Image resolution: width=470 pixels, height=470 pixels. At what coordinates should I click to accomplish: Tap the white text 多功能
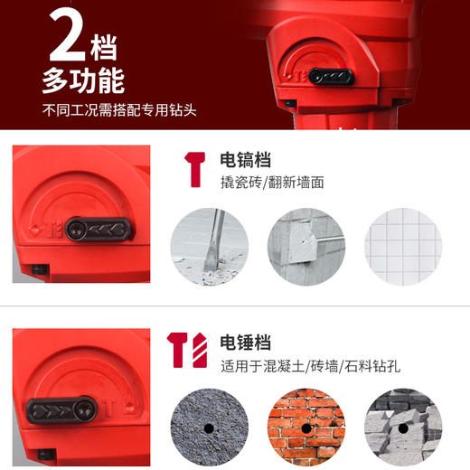(82, 82)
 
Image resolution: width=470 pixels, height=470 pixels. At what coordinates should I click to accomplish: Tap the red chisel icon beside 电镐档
(193, 169)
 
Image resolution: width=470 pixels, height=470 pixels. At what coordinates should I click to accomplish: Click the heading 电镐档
(246, 160)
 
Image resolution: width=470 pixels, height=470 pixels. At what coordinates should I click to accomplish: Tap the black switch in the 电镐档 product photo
(99, 230)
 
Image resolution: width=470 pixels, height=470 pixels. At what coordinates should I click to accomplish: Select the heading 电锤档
(246, 343)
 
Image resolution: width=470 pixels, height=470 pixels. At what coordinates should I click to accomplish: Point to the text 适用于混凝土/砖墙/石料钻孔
(297, 367)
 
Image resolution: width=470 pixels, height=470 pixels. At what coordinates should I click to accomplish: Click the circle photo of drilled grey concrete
(209, 423)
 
